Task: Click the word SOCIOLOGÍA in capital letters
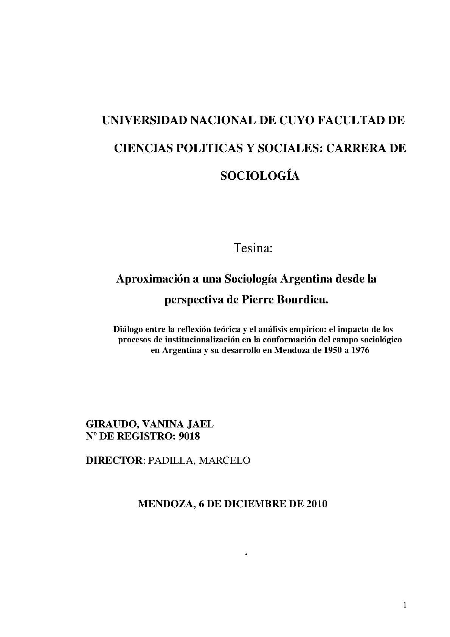pos(260,176)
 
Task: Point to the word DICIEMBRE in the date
pos(255,504)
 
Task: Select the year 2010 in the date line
pos(315,504)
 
